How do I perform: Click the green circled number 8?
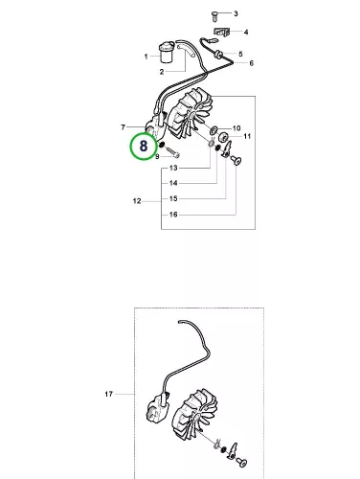[x=144, y=147]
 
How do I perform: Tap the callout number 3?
[x=236, y=13]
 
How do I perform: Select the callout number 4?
[x=246, y=32]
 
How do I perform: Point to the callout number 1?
[x=146, y=57]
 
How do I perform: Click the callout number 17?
[x=108, y=394]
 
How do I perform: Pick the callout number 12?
[x=137, y=201]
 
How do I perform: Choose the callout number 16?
[x=173, y=215]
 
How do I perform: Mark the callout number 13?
[x=173, y=168]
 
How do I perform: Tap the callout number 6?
[x=251, y=63]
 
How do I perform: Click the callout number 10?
[x=236, y=128]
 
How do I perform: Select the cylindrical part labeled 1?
[x=167, y=52]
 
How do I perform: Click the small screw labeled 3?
[x=214, y=16]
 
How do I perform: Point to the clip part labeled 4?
[x=221, y=32]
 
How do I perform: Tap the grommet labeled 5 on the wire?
[x=218, y=54]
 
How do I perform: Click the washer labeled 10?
[x=214, y=130]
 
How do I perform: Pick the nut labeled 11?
[x=224, y=138]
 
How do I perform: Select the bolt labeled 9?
[x=172, y=152]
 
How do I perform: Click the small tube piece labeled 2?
[x=186, y=51]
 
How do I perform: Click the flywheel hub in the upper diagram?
[x=192, y=117]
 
